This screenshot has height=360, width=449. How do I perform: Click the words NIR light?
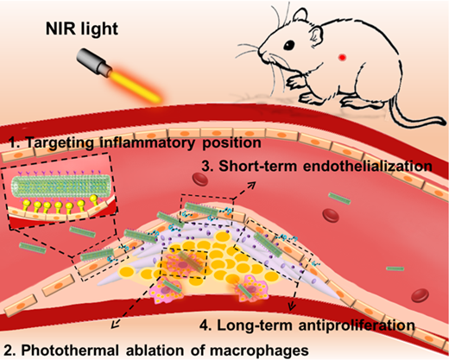[x=82, y=29]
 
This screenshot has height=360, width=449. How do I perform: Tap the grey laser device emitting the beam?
[x=93, y=63]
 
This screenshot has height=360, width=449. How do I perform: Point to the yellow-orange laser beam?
[x=136, y=87]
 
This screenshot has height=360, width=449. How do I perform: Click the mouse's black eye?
[x=289, y=45]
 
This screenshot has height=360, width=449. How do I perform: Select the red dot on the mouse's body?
[x=342, y=57]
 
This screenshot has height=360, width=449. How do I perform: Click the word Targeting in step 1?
[x=60, y=143]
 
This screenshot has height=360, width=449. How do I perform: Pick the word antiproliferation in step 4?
[x=357, y=325]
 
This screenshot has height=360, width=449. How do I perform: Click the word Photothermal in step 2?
[x=70, y=351]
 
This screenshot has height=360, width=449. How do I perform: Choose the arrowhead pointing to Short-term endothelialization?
[x=252, y=185]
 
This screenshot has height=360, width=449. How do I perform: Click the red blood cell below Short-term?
[x=200, y=179]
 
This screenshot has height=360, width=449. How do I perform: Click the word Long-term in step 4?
[x=255, y=325]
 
